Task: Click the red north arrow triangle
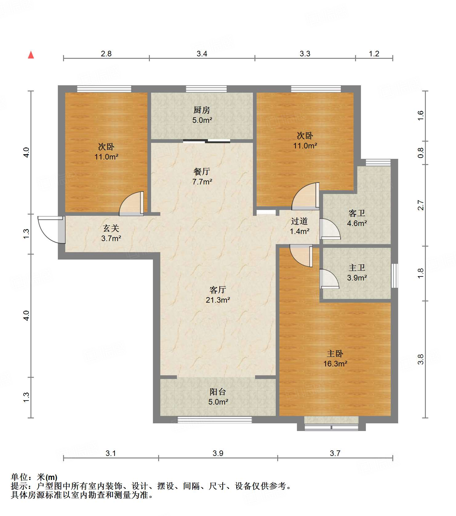coord(31,55)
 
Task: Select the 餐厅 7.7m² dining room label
coord(202,176)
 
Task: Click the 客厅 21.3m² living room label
coord(218,295)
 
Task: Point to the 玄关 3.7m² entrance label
coord(111,233)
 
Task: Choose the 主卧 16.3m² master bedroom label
coord(335,358)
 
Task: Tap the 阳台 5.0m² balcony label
coord(218,397)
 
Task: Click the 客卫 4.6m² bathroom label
coord(357,218)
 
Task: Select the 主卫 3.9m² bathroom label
coord(357,272)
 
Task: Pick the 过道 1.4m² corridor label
coord(300,226)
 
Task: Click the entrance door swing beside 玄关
coord(51,230)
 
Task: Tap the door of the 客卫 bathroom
coord(330,229)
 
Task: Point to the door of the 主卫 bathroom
coord(329,279)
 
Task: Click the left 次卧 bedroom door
coord(131,203)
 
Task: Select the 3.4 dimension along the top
coord(202,54)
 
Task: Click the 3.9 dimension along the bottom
coord(218,453)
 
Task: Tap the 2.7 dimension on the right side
coord(421,205)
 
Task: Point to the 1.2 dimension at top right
coord(374,54)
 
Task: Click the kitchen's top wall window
coord(206,89)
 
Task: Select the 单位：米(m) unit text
coord(34,477)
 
